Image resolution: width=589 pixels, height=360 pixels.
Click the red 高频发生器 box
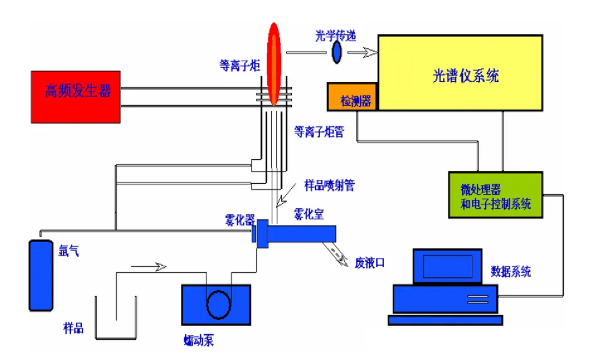pos(76,97)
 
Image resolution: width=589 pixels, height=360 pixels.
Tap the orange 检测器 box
pos(352,97)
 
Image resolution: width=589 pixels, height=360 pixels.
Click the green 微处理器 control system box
pos(495,195)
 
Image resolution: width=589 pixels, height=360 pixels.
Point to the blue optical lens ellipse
pos(338,52)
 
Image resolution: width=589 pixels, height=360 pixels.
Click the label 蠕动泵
pos(198,341)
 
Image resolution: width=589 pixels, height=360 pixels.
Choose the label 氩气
pos(68,251)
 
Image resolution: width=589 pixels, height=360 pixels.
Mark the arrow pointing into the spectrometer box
pos(363,52)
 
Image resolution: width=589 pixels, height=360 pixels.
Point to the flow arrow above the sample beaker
pos(148,267)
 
